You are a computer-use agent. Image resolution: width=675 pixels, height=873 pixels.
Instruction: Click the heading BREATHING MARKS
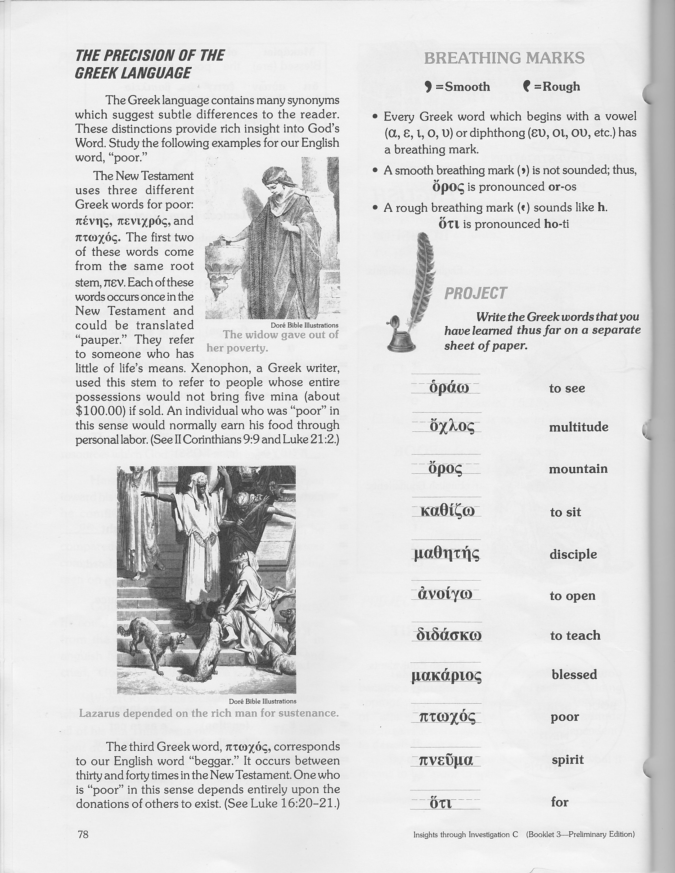(504, 58)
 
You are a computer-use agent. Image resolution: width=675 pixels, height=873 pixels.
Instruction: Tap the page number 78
(83, 834)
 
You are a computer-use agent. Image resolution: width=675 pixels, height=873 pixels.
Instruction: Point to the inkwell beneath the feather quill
(400, 335)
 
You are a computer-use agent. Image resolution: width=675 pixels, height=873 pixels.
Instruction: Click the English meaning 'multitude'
(578, 427)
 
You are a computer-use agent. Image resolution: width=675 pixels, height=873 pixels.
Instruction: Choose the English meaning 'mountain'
(578, 469)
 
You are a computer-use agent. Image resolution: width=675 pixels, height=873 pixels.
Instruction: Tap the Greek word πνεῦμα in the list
(446, 760)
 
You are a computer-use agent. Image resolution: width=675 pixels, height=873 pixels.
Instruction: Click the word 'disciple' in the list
(573, 554)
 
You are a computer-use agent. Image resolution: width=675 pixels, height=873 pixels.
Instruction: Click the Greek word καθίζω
(447, 511)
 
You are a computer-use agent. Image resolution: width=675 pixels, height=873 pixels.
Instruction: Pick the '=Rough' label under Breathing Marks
(557, 86)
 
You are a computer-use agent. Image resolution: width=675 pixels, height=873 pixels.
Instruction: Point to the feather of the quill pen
(425, 272)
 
